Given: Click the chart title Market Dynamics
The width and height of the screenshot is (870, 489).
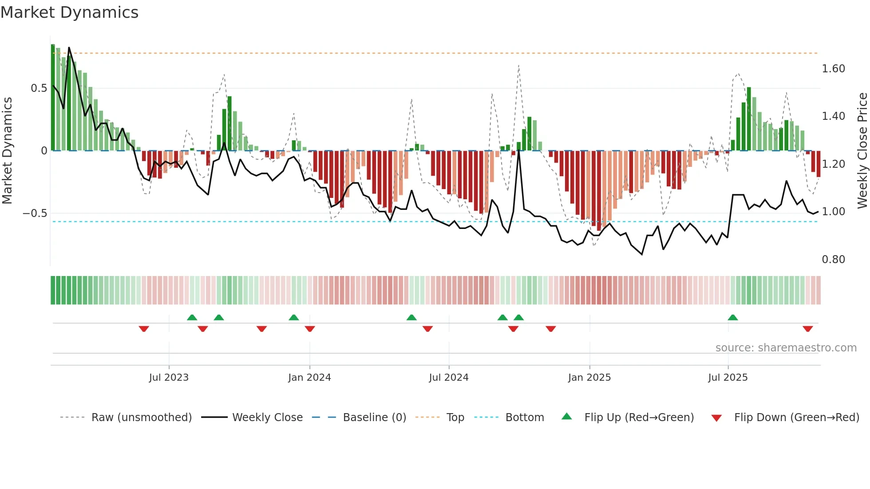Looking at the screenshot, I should pos(70,12).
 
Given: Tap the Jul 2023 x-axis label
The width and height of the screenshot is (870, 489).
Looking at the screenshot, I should pos(169,378).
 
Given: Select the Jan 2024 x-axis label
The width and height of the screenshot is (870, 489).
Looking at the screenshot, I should pos(309,378).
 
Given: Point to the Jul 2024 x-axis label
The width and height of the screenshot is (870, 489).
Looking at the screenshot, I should pos(449,378).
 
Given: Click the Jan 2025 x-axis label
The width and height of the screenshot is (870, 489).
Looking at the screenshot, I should pos(589,378).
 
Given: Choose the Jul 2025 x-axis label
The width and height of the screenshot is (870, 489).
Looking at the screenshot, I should pos(728,378).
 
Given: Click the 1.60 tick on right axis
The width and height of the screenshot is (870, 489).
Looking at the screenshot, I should pos(833,69).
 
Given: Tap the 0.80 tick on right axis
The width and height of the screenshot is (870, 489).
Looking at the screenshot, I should pos(833,260).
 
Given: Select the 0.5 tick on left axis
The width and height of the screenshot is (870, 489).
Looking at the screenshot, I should pos(39,88).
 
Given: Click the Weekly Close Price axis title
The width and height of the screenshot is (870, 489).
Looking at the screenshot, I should pos(862,150).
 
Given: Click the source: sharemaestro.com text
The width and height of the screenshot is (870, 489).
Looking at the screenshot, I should pos(786,348).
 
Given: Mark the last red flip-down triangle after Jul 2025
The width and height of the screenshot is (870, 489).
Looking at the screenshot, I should pos(808,329).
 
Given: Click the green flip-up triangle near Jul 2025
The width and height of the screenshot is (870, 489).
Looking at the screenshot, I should pos(733,317).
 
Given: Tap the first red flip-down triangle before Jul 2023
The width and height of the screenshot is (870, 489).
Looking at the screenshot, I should pos(144,329).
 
